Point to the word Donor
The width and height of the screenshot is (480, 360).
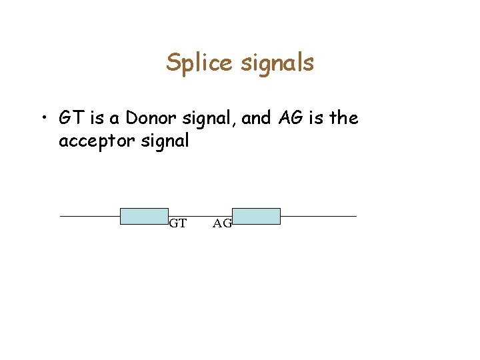point(151,119)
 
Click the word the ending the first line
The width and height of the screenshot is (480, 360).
point(344,119)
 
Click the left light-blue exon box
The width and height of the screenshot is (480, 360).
point(144,216)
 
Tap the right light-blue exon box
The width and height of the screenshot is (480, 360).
point(256,216)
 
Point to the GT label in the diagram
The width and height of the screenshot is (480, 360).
point(177,223)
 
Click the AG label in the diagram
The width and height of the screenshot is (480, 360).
point(222,223)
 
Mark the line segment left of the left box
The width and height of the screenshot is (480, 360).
point(89,217)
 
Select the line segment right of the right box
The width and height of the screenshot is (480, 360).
point(319,216)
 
